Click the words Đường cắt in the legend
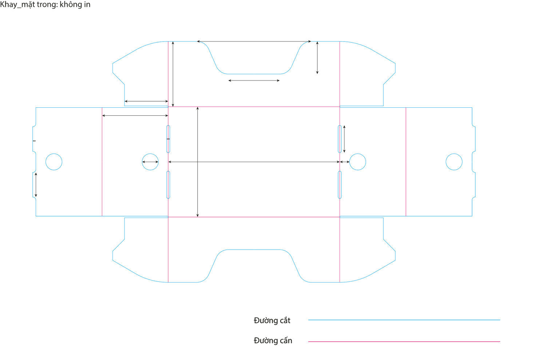pos(272,321)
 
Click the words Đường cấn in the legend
pos(273,341)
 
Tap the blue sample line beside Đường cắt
pos(404,320)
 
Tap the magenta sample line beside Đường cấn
pos(404,341)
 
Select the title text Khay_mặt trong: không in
pos(45,5)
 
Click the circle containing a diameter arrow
pos(150,162)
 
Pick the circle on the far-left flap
pos(54,162)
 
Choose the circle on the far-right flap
pos(454,162)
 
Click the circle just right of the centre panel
pos(357,162)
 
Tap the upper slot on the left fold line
pos(168,139)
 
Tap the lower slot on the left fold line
pos(168,185)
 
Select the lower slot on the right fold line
pos(340,185)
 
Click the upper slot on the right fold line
pos(340,139)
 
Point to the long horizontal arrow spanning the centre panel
pos(254,162)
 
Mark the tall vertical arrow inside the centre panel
pos(197,162)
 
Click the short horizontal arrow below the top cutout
pos(254,80)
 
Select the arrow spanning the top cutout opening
pos(254,41)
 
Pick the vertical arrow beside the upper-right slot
pos(344,139)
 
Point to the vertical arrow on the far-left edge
pos(36,185)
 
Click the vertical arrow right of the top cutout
pos(317,58)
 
